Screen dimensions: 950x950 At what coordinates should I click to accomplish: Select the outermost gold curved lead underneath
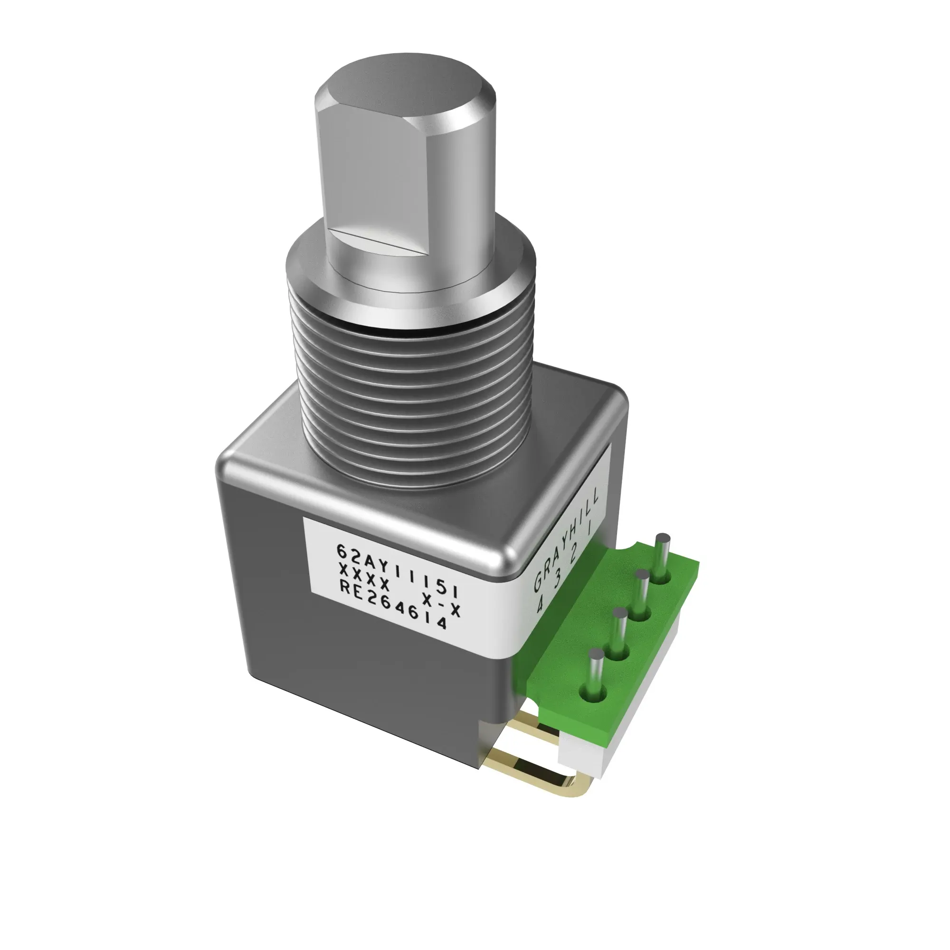coord(541,782)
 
